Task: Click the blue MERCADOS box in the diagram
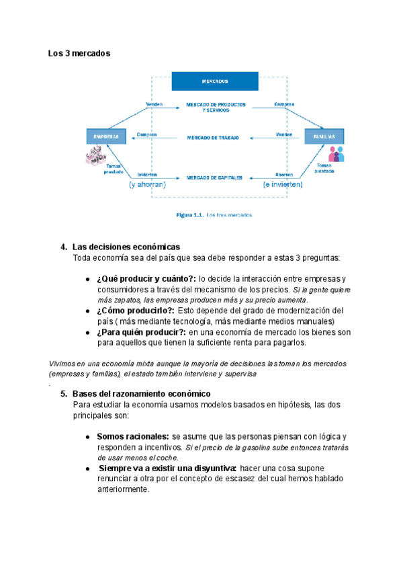215,81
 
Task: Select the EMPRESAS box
106,136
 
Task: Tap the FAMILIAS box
324,136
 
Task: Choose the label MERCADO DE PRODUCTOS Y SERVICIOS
215,107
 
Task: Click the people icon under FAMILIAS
337,155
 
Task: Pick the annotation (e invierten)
283,184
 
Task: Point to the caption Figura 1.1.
189,215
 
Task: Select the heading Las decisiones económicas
126,247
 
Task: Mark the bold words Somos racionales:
132,436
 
